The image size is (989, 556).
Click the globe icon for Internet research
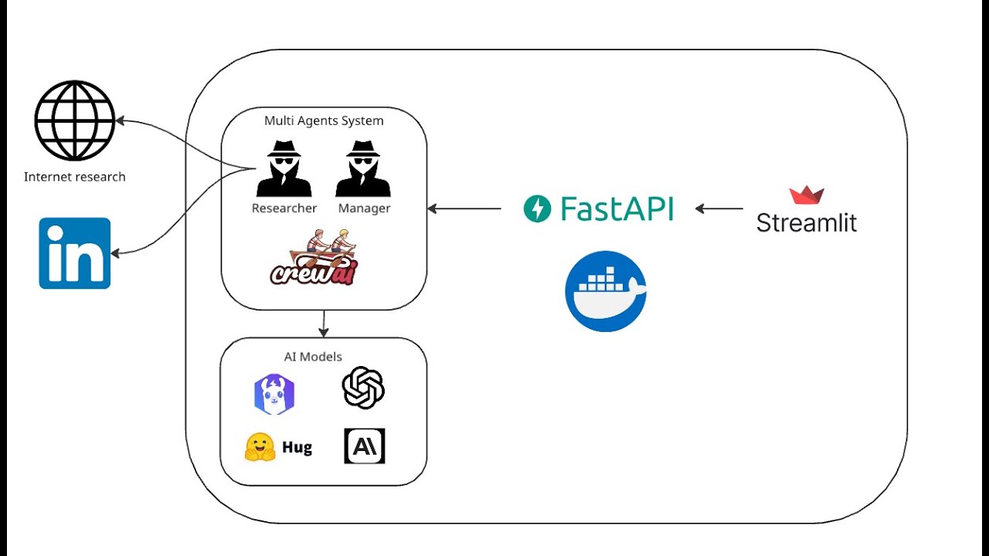[75, 120]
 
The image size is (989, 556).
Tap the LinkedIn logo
[75, 253]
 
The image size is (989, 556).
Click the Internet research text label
[75, 177]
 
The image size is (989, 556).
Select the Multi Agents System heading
[324, 120]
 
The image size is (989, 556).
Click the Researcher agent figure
[284, 169]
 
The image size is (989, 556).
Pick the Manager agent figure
[363, 169]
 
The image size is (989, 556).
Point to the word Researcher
[284, 208]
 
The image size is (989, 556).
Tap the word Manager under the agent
[364, 208]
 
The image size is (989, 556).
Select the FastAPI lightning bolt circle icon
[537, 208]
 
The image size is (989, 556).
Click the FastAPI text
[617, 208]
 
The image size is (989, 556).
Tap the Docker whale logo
[606, 291]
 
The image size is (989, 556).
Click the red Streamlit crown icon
[807, 195]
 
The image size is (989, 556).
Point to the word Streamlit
[807, 223]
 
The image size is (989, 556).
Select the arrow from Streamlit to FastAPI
[719, 208]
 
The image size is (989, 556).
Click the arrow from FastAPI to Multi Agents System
[464, 208]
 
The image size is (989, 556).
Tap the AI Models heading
[324, 357]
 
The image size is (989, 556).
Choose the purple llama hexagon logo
[274, 395]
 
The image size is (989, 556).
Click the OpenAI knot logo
[363, 388]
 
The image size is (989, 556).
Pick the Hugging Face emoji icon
[260, 447]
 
